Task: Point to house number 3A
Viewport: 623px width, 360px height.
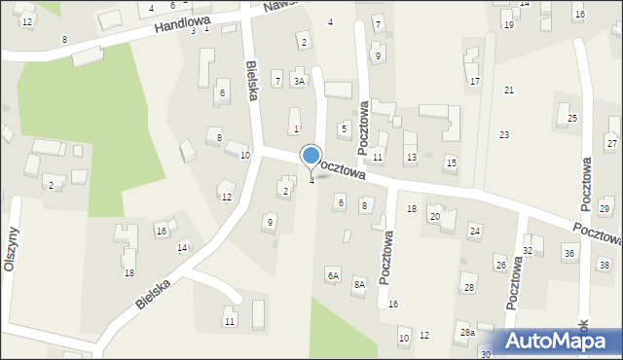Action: click(x=300, y=82)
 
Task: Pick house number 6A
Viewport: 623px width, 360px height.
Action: click(x=334, y=276)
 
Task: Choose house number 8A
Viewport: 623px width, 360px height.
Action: click(x=359, y=284)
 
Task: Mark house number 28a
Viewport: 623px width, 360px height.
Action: click(x=467, y=333)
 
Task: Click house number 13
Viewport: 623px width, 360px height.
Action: click(x=412, y=158)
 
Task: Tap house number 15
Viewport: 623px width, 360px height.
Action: click(x=450, y=161)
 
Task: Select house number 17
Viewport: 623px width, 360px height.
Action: click(x=475, y=81)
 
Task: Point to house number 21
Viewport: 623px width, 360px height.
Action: click(x=509, y=90)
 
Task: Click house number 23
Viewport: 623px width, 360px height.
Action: click(x=504, y=134)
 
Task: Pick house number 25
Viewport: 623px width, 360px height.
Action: click(x=572, y=118)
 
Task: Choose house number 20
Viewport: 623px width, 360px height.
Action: click(x=435, y=216)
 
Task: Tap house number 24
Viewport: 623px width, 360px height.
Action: click(x=475, y=231)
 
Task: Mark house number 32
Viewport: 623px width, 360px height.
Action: click(x=528, y=251)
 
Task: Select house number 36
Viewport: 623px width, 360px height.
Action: click(x=569, y=253)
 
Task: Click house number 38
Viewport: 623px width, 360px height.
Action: click(x=605, y=265)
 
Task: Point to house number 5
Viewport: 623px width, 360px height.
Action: click(x=344, y=128)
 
